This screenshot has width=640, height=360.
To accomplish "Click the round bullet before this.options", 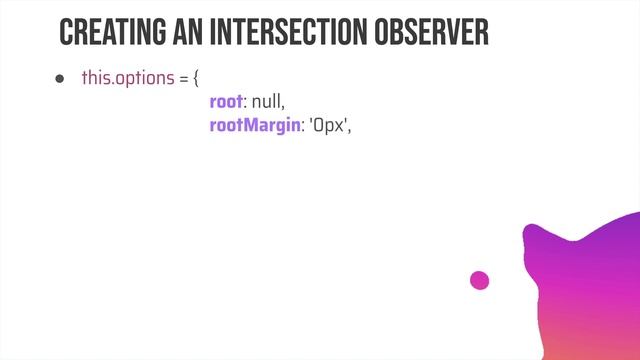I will pos(59,79).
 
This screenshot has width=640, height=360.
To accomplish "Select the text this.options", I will pos(129,79).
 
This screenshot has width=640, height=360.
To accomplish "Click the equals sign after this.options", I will pos(184,79).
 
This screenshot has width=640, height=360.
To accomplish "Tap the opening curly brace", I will pos(197,79).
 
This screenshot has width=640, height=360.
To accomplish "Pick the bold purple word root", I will pos(226,103).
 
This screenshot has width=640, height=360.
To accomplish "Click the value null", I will pos(268,103).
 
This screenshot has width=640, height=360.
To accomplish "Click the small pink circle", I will pos(480,281).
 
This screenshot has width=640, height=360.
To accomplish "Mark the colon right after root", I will pos(246,104).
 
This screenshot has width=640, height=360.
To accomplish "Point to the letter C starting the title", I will pos(67,32).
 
